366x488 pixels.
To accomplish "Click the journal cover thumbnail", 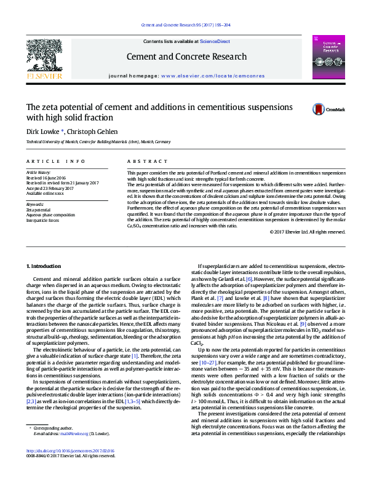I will pos(324,57).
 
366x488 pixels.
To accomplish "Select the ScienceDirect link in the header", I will pos(215,41).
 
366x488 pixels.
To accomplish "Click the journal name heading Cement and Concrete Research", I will pos(186,57).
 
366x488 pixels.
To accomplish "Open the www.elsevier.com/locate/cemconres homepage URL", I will pos(213,76).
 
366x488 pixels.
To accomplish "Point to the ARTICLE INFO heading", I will pos(56,161).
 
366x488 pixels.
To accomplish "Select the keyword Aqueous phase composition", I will pos(50,214).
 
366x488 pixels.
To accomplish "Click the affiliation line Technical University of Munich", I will pos(98,142).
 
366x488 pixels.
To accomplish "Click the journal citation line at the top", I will pos(186,25).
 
